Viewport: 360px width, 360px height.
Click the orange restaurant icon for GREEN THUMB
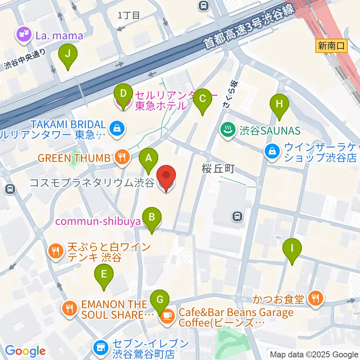pos(121,158)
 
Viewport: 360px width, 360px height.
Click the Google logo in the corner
pos(25,351)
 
